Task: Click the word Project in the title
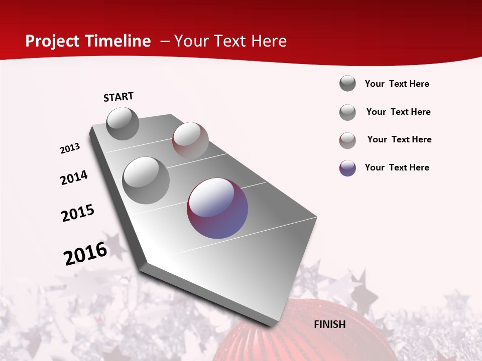click(x=50, y=41)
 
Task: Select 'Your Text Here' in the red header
click(x=230, y=41)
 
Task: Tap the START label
click(x=118, y=97)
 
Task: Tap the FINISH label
click(x=330, y=324)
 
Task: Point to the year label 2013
click(x=70, y=148)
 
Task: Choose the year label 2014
click(x=74, y=178)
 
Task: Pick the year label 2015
click(x=78, y=213)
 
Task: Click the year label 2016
click(x=85, y=254)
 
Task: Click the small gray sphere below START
click(x=123, y=124)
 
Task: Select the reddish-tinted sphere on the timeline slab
click(x=190, y=140)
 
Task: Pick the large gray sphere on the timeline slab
click(x=146, y=180)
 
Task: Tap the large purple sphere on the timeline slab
click(x=217, y=208)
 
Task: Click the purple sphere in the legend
click(x=347, y=168)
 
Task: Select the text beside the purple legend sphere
click(x=397, y=167)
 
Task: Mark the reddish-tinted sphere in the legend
click(x=347, y=140)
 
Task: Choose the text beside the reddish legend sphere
click(x=399, y=139)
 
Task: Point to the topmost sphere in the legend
click(x=347, y=83)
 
